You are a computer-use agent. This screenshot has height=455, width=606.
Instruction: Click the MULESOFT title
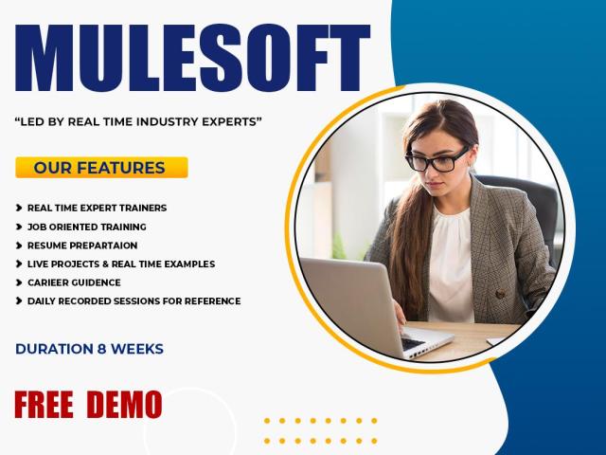(x=192, y=58)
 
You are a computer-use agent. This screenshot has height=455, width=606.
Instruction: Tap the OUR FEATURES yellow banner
(x=101, y=168)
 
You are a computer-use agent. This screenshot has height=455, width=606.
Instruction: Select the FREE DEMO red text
(x=88, y=405)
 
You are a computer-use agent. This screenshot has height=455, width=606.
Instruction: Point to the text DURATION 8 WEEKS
(x=89, y=349)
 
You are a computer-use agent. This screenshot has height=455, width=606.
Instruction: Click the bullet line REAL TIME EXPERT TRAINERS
(x=97, y=209)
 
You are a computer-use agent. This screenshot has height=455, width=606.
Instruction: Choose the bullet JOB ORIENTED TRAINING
(x=87, y=227)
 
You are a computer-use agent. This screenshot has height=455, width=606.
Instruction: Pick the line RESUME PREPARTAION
(x=82, y=246)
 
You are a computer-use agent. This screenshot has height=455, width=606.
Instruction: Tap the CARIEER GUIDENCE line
(x=74, y=282)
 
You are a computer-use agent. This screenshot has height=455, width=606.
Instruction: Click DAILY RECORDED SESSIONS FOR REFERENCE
(x=134, y=301)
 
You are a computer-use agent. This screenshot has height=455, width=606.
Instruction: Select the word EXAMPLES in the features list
(x=189, y=264)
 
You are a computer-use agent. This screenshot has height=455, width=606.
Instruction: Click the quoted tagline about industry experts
(x=138, y=122)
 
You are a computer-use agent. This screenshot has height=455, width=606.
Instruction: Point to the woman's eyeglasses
(x=437, y=160)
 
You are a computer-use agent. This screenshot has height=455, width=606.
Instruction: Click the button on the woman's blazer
(x=501, y=295)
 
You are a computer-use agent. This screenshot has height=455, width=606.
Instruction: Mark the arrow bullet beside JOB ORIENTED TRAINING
(x=19, y=227)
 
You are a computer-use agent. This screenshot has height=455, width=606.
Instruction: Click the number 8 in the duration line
(x=102, y=349)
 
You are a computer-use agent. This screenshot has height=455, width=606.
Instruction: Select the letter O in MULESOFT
(x=268, y=58)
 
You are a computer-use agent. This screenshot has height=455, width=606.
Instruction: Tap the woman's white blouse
(x=451, y=264)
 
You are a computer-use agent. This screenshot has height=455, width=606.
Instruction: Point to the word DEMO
(x=124, y=405)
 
